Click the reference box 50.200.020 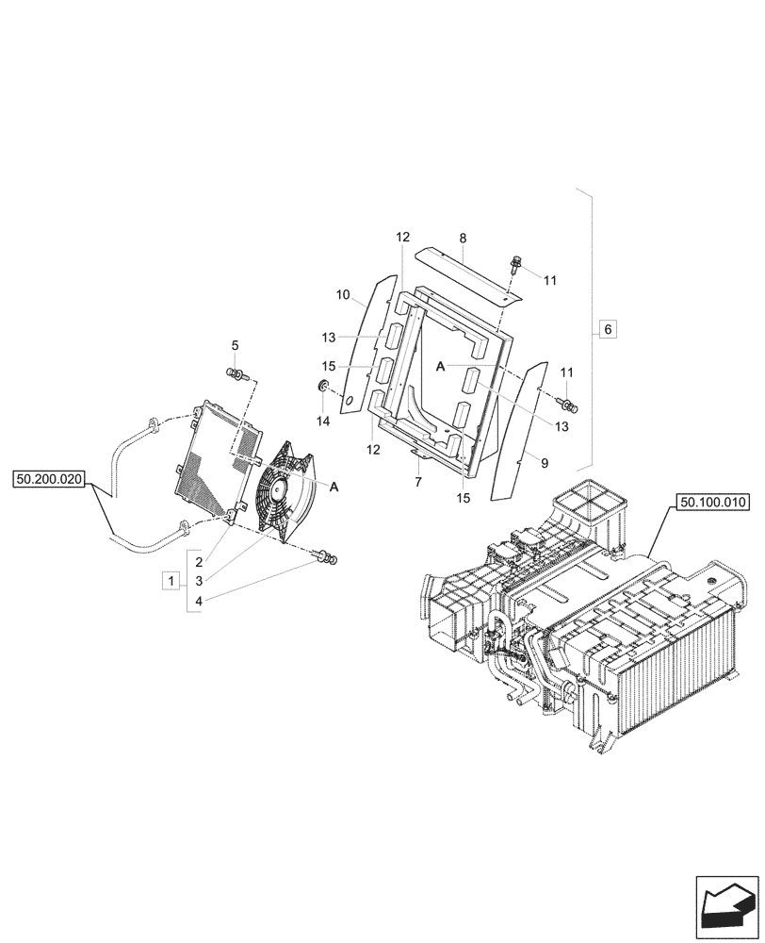(x=50, y=480)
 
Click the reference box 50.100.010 (x=710, y=504)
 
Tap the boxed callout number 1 (x=171, y=580)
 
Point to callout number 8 (x=463, y=240)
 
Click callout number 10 (x=344, y=296)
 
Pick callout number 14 (x=323, y=422)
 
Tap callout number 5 (x=236, y=345)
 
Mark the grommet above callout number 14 (x=322, y=387)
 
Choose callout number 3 (x=200, y=580)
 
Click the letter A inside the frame (x=440, y=368)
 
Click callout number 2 (x=200, y=562)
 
